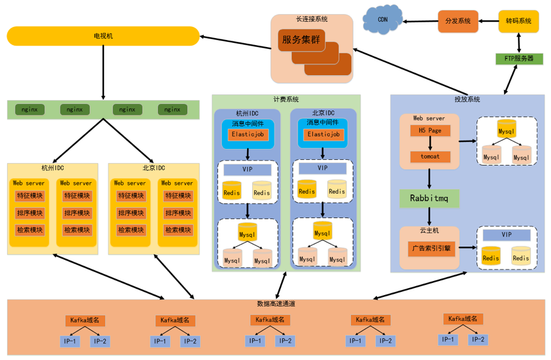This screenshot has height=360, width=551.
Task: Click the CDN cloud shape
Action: [x=383, y=20]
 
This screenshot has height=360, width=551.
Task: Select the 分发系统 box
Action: [x=457, y=21]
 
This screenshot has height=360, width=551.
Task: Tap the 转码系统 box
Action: [x=519, y=21]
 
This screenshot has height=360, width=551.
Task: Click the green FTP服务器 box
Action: [x=519, y=59]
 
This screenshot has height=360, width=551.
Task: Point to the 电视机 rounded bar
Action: [x=103, y=36]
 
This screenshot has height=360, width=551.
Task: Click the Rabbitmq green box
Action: [x=429, y=198]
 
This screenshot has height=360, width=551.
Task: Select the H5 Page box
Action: [x=430, y=131]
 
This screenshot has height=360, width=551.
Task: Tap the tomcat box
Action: [x=430, y=157]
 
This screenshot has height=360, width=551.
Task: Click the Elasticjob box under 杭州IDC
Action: [x=248, y=135]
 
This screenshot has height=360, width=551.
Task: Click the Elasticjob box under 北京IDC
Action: [x=323, y=134]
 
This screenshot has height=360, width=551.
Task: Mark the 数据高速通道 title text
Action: [x=276, y=304]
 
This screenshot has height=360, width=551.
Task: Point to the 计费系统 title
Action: [x=286, y=99]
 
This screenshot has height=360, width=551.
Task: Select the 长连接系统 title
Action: [x=312, y=19]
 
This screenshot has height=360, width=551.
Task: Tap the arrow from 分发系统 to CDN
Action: [x=421, y=22]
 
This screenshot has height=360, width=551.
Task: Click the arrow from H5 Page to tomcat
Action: [x=430, y=144]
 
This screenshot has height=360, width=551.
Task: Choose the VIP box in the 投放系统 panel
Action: [x=506, y=235]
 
